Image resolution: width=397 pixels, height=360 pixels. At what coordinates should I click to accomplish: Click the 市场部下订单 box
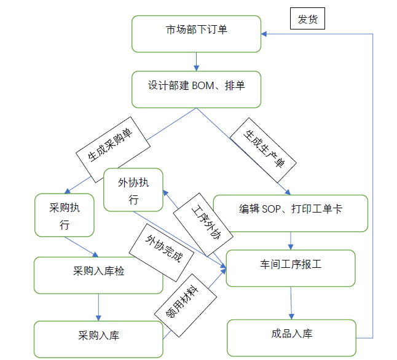(196, 34)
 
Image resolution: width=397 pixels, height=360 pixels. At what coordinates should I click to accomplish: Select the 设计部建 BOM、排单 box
(196, 90)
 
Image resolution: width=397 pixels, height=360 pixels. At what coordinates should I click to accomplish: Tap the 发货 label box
(307, 20)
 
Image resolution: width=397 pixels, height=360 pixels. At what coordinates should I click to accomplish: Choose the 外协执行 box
(133, 190)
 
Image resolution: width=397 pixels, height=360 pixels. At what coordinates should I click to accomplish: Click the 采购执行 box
(65, 216)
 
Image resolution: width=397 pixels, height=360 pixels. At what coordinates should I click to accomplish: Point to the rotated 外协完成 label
(162, 249)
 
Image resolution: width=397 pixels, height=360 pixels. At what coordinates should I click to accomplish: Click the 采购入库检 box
(98, 275)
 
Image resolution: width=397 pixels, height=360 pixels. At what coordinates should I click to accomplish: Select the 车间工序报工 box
(291, 268)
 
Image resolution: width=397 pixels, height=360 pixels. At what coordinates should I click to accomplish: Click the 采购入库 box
(98, 338)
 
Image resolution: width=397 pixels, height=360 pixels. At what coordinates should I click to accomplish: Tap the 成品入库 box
(291, 337)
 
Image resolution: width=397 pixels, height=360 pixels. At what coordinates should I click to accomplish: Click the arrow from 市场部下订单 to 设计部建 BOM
(196, 61)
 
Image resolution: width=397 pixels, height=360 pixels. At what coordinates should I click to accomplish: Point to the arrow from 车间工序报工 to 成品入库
(291, 302)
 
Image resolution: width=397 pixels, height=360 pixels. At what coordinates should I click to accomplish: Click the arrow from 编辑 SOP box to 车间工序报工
(291, 240)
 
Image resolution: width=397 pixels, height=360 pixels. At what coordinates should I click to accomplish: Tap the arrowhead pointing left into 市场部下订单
(265, 34)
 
